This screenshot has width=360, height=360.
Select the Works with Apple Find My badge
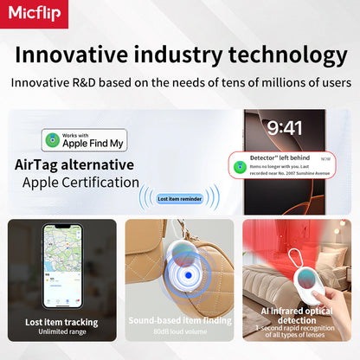[x=84, y=140]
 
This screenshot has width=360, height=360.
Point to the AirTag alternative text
[x=74, y=164]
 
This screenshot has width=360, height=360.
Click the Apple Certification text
[x=80, y=182]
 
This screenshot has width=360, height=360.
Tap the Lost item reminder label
[x=180, y=198]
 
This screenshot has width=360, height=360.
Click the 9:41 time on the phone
[x=285, y=128]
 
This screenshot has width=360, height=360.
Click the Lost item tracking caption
[x=61, y=321]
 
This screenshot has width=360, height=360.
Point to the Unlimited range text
[x=61, y=332]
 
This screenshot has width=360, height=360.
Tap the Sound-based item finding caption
[x=179, y=321]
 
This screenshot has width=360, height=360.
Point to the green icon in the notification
[x=238, y=164]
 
